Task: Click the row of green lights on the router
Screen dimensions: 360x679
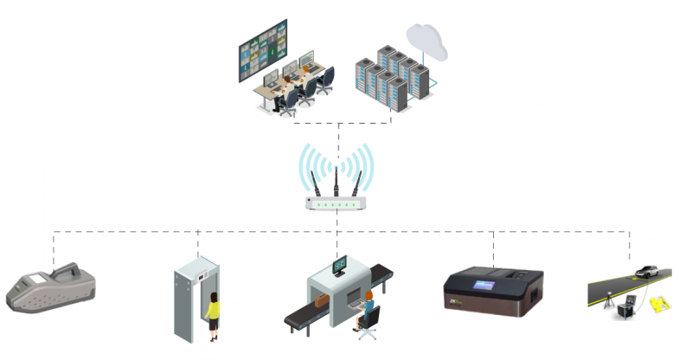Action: click(x=336, y=204)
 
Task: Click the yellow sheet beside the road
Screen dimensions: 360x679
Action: click(x=659, y=304)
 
